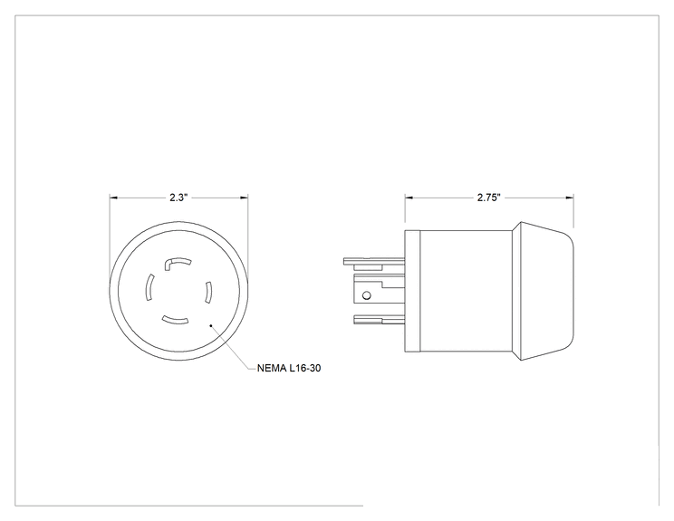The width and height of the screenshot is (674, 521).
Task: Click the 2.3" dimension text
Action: (x=178, y=198)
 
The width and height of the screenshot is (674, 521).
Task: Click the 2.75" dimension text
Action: (x=489, y=198)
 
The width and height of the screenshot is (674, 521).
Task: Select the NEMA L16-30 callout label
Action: (x=289, y=368)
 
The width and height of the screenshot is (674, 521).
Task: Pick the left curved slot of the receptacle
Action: (x=149, y=287)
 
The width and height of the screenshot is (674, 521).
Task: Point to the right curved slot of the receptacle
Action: (x=208, y=293)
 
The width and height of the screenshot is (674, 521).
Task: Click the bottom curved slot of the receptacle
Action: (x=176, y=320)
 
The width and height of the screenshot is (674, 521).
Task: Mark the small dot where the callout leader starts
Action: (x=210, y=325)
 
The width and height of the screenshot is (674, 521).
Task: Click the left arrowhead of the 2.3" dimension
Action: (x=113, y=198)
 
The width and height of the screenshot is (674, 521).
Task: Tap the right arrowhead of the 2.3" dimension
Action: (x=244, y=198)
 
